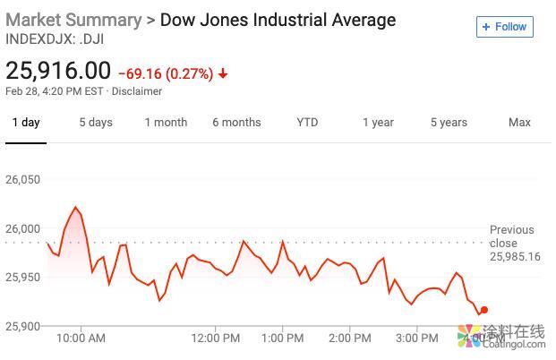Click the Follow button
(x=505, y=27)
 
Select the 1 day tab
(x=26, y=123)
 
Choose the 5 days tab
(x=96, y=123)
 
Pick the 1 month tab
(x=167, y=123)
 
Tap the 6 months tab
(x=236, y=123)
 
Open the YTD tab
(x=307, y=123)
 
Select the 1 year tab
(x=378, y=123)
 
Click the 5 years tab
(x=449, y=123)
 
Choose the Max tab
(x=519, y=123)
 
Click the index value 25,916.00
(x=58, y=71)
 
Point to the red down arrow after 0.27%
(x=223, y=73)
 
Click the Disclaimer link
(x=137, y=91)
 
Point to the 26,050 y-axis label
(x=23, y=180)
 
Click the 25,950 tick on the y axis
(x=23, y=278)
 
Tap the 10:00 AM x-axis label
(x=81, y=339)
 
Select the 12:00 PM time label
(x=216, y=339)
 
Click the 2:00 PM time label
(x=350, y=339)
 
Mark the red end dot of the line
(x=484, y=310)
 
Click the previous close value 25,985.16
(x=515, y=257)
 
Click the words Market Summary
(x=73, y=20)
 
